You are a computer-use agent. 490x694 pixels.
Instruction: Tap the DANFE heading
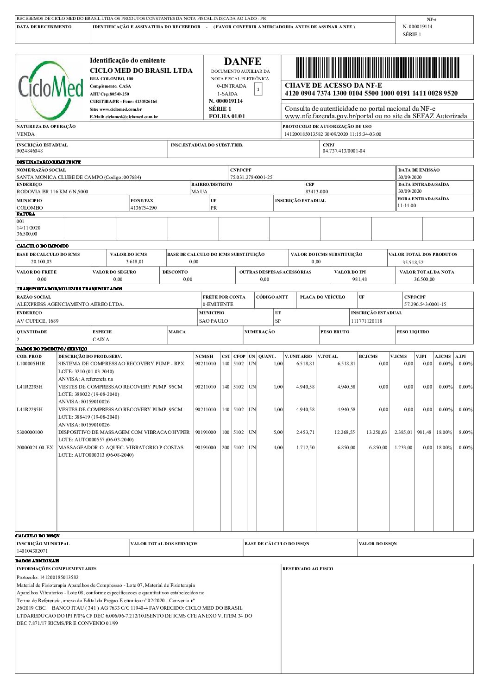242,62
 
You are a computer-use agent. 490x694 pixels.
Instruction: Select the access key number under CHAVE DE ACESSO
371,93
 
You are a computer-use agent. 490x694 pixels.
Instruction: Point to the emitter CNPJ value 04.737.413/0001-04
344,151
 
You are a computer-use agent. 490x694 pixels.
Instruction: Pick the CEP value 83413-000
317,191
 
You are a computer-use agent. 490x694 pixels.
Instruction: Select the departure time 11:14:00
407,205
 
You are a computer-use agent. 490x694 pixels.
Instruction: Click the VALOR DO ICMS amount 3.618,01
135,262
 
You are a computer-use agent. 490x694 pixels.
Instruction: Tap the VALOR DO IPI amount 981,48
359,279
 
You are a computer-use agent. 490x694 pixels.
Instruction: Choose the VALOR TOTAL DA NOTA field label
427,272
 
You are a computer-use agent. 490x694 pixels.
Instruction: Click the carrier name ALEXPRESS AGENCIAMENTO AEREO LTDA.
70,305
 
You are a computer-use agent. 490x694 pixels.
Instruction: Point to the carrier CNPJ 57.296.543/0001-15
425,305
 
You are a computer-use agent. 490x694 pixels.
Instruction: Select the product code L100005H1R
31,364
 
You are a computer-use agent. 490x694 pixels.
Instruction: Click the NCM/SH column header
204,357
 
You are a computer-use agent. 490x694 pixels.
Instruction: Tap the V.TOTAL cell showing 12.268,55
345,432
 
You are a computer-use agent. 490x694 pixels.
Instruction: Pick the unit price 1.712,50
305,447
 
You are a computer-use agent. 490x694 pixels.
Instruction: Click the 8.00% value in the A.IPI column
465,432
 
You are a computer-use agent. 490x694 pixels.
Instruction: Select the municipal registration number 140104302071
32,551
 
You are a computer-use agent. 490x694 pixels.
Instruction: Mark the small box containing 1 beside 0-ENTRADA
258,89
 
